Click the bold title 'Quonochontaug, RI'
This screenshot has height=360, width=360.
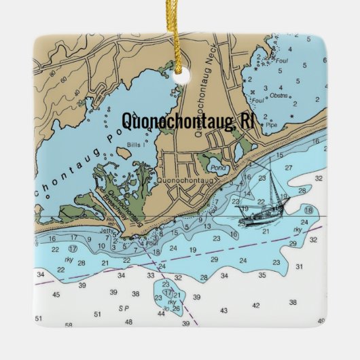(187, 121)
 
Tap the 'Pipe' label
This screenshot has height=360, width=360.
(272, 125)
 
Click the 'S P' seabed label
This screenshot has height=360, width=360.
(124, 308)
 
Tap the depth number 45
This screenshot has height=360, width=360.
(56, 295)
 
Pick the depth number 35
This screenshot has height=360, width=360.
(262, 275)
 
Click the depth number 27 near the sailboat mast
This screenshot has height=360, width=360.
(289, 167)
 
